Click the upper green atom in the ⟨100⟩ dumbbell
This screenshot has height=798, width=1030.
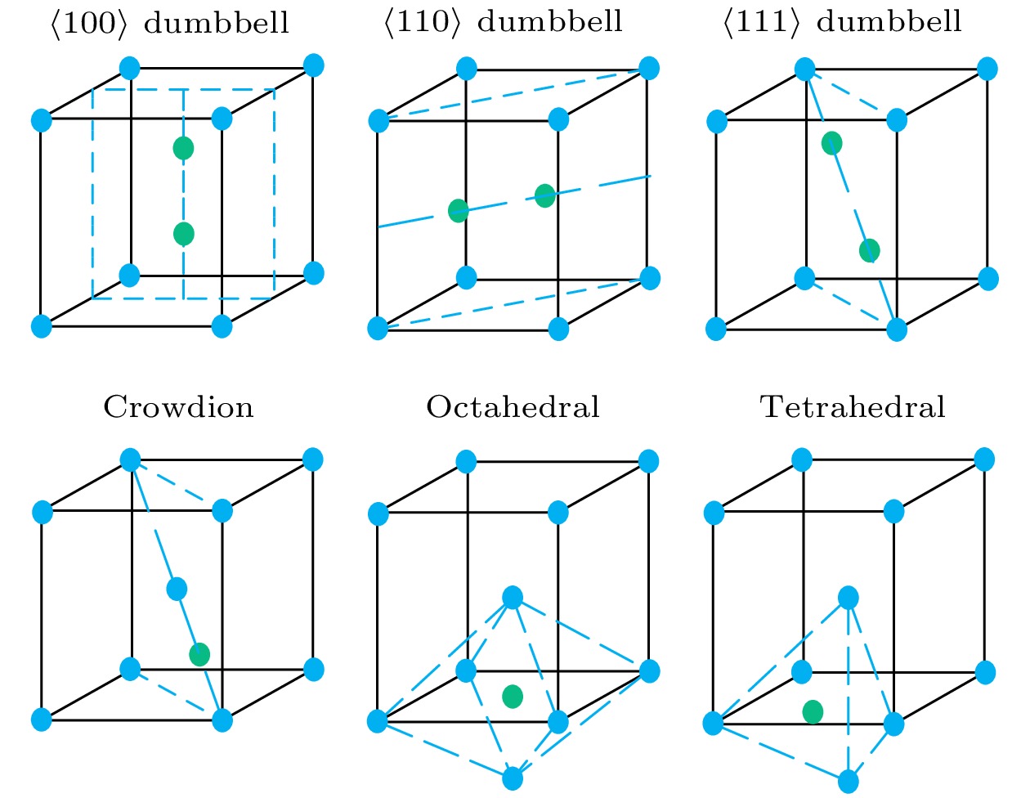(x=183, y=148)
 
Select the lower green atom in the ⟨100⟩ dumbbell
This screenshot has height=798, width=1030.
(x=183, y=234)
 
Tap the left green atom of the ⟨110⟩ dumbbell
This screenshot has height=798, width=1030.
(x=459, y=211)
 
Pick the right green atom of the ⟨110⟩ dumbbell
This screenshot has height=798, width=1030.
(x=545, y=195)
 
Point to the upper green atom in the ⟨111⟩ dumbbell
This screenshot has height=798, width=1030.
(x=832, y=143)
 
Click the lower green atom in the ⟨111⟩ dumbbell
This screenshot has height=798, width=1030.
(x=869, y=250)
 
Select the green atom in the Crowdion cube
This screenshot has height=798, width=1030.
(x=199, y=654)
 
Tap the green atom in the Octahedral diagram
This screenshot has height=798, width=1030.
(x=513, y=696)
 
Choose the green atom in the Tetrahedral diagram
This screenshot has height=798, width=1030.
(x=813, y=712)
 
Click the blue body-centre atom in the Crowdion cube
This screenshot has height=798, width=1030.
(x=177, y=589)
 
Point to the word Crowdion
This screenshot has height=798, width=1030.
(x=178, y=407)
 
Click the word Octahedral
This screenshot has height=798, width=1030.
(x=513, y=407)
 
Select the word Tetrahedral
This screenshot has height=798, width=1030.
(x=853, y=407)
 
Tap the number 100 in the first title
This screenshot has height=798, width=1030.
(x=89, y=22)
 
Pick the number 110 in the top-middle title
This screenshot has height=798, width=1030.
(x=423, y=21)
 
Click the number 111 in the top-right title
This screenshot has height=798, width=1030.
(x=761, y=21)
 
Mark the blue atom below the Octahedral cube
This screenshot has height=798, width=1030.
(x=513, y=778)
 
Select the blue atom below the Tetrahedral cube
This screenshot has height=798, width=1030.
(x=849, y=782)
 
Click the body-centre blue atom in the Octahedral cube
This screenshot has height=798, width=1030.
(x=513, y=597)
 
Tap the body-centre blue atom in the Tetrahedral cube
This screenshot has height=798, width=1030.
(x=849, y=598)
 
